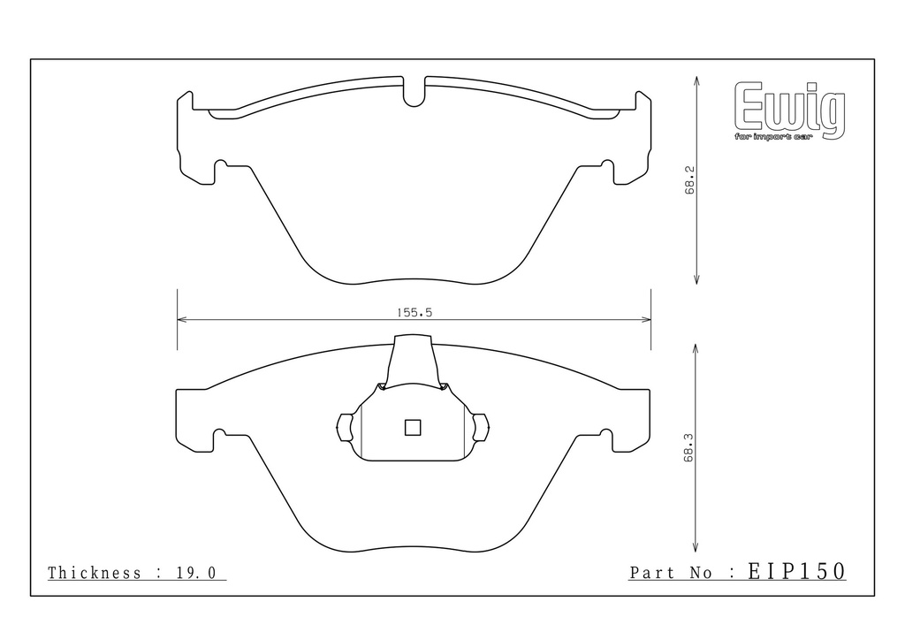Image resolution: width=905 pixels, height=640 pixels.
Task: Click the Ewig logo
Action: tap(789, 110)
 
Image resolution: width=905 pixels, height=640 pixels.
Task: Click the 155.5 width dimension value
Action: tap(414, 313)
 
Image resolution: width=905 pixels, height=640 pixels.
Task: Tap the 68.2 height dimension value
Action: tap(690, 180)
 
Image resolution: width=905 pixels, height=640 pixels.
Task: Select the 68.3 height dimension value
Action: tap(688, 447)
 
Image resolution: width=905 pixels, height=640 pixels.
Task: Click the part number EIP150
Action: tap(796, 571)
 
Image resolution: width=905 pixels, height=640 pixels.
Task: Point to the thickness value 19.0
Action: tap(195, 573)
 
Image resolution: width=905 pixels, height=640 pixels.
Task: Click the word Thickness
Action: tap(95, 573)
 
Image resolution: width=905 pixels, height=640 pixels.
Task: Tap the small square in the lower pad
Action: tap(413, 428)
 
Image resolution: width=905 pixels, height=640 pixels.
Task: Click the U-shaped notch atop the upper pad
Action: tap(414, 92)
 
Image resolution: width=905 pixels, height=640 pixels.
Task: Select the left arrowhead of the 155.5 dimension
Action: tap(181, 319)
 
